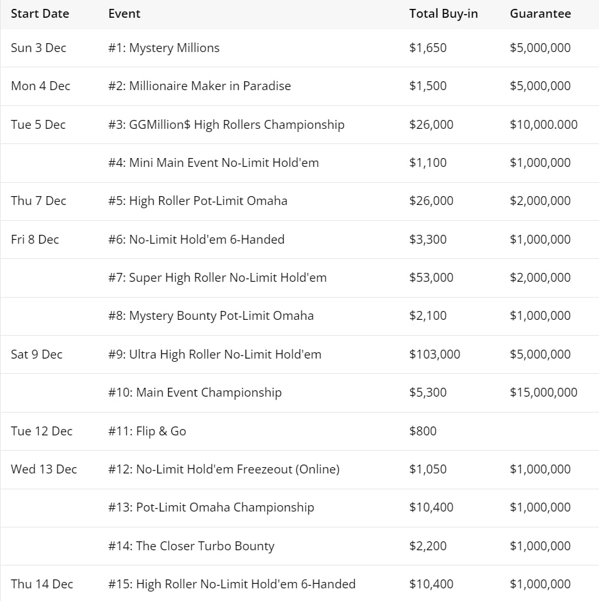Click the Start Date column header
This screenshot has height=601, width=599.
pos(40,13)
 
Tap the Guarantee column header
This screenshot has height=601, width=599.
pos(540,13)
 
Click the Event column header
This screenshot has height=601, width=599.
pos(124,13)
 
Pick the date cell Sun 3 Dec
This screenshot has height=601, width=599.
pos(38,48)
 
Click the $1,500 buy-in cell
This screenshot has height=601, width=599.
pos(428,86)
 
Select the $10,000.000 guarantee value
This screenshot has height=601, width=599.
pos(543,124)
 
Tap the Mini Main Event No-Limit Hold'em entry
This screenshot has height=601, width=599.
pos(213,162)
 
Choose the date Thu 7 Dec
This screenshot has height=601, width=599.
pos(38,201)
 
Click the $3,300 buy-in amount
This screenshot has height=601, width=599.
pos(428,239)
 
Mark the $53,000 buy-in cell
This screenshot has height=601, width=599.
pos(431,277)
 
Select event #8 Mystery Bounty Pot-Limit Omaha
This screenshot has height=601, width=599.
pos(211,315)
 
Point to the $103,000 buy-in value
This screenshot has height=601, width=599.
pos(435,354)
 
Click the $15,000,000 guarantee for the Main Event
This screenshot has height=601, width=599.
pos(543,392)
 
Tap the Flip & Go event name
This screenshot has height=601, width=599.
pos(147,431)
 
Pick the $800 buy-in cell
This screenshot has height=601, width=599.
pos(423,431)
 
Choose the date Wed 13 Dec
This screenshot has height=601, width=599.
pos(44,469)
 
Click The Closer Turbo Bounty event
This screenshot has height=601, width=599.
pos(191,546)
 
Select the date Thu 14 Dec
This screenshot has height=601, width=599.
pos(42,584)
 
